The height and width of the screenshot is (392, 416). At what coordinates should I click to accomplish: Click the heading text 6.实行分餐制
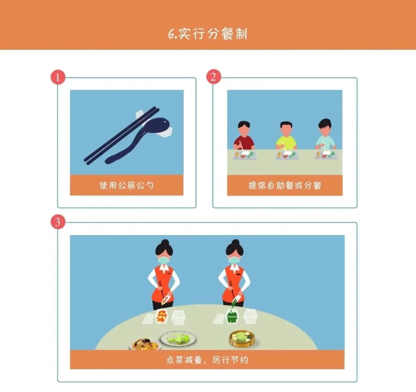point(208,34)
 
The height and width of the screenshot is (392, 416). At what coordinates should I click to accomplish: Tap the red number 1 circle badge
point(58,77)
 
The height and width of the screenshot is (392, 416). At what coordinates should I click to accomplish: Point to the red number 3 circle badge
point(58,221)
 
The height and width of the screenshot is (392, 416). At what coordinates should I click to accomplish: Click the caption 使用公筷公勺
point(127,185)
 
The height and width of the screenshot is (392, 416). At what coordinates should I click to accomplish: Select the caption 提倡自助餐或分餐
point(285,185)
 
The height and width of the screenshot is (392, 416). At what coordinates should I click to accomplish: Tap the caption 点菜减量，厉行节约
point(208,360)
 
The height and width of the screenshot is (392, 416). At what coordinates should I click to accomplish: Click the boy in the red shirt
point(244,135)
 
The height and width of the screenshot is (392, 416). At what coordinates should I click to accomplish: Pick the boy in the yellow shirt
point(286,136)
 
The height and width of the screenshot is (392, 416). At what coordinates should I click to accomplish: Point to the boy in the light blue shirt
point(325,135)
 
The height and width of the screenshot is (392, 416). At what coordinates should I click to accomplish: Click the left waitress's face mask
point(164,260)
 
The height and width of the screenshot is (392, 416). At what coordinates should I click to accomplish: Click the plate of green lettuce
point(179,339)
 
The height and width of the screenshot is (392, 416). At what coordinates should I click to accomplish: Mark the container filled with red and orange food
point(161,316)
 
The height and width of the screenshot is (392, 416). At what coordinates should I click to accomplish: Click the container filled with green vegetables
point(232,316)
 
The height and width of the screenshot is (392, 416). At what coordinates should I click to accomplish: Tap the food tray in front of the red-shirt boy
point(245,155)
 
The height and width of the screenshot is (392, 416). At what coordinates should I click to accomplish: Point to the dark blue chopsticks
point(121,135)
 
